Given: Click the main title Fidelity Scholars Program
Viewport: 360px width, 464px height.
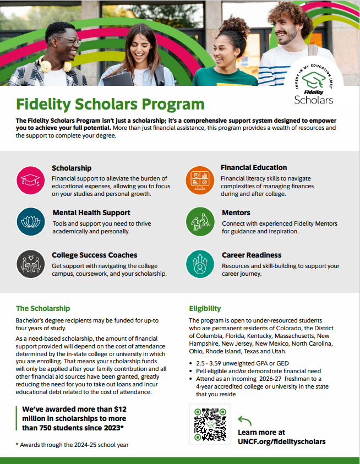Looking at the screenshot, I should click(110, 103).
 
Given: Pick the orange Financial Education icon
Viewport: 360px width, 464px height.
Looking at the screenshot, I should click(199, 180).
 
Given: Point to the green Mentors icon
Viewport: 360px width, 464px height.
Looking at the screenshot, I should click(199, 221).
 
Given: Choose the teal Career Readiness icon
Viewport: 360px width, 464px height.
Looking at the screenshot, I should click(199, 263).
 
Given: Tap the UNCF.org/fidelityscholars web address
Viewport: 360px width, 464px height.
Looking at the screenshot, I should click(281, 441).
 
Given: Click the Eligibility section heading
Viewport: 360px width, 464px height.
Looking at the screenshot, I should click(205, 308).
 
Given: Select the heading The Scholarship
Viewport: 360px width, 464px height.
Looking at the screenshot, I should click(43, 308).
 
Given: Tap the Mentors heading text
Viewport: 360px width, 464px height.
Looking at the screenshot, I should click(236, 212).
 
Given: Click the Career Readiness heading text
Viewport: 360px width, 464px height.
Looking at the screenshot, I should click(252, 255).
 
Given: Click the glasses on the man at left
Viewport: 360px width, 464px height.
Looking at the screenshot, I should click(71, 42).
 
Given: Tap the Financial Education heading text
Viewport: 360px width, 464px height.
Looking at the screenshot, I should click(254, 167).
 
